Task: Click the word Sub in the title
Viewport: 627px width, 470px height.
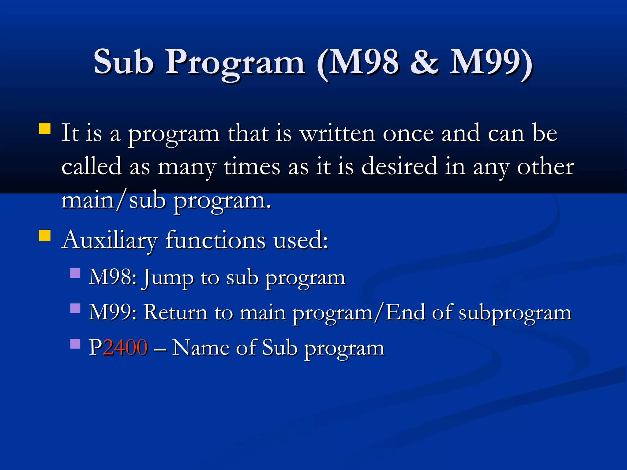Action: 123,62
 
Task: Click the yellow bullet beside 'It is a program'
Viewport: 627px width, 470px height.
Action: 45,129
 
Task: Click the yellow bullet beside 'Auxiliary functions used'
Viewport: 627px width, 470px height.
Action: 45,236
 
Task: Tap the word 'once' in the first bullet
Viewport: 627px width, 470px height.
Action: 408,133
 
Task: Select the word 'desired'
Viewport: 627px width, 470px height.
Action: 399,167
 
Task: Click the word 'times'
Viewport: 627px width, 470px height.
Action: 252,167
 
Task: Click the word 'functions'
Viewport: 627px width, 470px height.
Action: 216,241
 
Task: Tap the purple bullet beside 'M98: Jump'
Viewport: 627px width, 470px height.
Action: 75,273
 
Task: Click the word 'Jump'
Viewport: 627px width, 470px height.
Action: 168,278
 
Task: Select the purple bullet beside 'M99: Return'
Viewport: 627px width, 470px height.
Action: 75,308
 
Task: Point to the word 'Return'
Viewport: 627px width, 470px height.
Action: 175,313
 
